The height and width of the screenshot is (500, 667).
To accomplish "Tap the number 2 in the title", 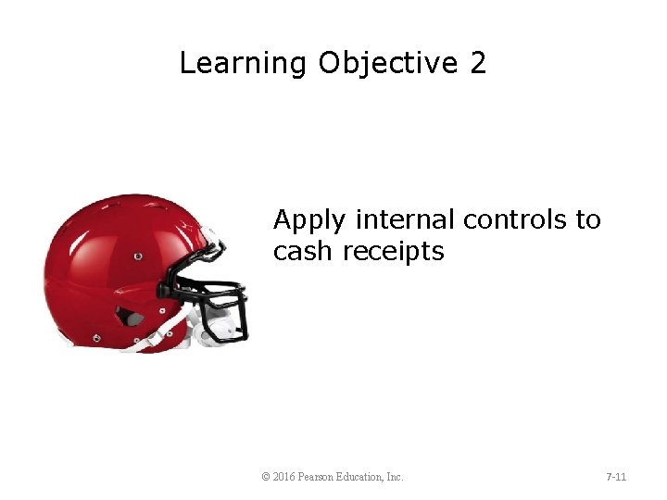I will (x=477, y=64).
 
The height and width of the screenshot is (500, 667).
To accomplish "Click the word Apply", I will (x=309, y=221).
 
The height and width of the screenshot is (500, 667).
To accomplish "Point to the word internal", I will (x=405, y=220).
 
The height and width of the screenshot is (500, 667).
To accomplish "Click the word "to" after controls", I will (x=588, y=220).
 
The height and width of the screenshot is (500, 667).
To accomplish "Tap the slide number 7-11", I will (x=616, y=477).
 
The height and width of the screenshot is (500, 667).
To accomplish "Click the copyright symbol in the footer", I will (x=266, y=477).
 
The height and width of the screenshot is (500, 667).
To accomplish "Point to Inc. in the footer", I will (x=395, y=477).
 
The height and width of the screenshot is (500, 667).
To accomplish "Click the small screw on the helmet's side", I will (x=138, y=256).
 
